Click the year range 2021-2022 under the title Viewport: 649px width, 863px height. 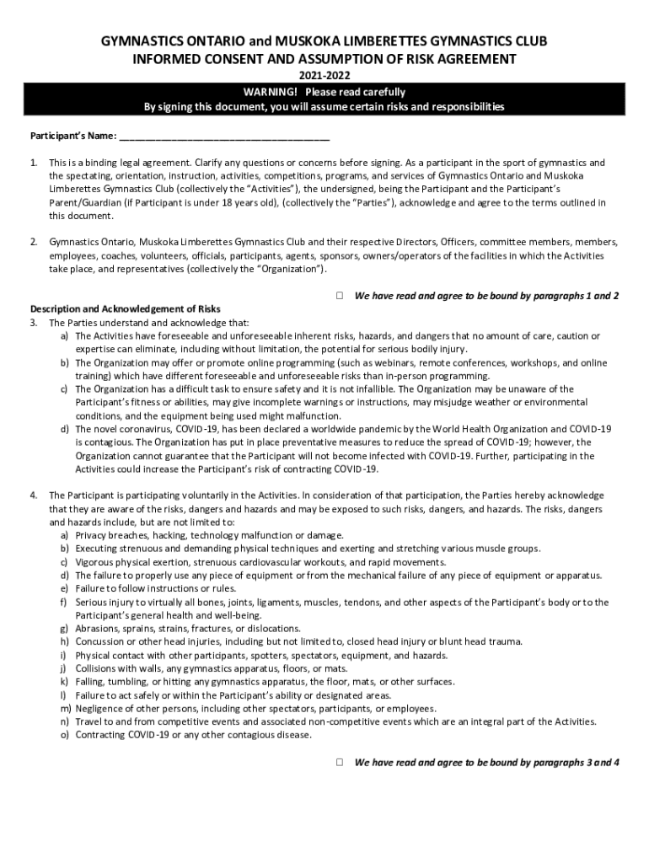click(x=324, y=76)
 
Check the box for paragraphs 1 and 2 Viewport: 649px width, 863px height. click(x=339, y=296)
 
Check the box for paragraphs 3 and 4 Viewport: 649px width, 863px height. click(x=339, y=762)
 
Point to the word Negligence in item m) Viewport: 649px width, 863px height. click(x=101, y=709)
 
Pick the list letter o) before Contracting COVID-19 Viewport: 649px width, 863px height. click(x=64, y=735)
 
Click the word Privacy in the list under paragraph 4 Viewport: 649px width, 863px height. click(x=90, y=535)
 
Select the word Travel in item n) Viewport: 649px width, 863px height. click(x=88, y=722)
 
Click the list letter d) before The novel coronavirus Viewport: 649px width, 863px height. click(x=64, y=429)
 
